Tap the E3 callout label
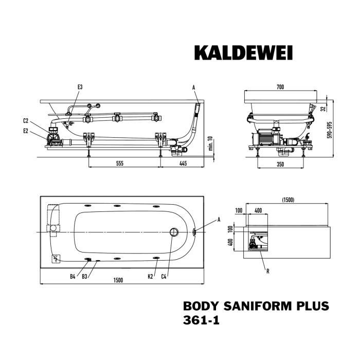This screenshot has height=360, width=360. pyautogui.click(x=80, y=87)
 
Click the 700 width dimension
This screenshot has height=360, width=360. pyautogui.click(x=280, y=87)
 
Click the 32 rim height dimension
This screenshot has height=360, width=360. pyautogui.click(x=322, y=109)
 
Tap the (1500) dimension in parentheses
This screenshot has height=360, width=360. pyautogui.click(x=288, y=200)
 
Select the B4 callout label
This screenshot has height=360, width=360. pyautogui.click(x=73, y=277)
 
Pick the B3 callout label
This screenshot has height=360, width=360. pyautogui.click(x=85, y=277)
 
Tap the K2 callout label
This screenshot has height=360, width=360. pyautogui.click(x=150, y=277)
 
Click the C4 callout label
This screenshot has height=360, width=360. pyautogui.click(x=164, y=277)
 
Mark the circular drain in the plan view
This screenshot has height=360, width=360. pyautogui.click(x=173, y=232)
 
